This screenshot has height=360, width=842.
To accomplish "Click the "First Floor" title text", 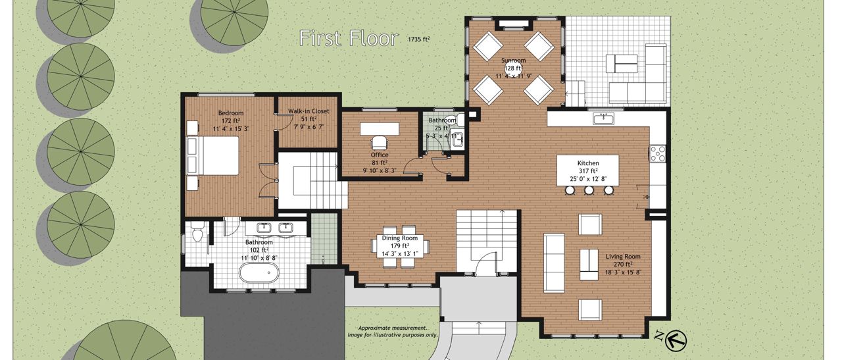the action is (x=349, y=38).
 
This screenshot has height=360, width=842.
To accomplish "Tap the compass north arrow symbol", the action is (x=676, y=341).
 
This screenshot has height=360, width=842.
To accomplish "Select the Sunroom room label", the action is (x=514, y=60).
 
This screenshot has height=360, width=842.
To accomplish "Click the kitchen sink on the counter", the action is (x=603, y=118).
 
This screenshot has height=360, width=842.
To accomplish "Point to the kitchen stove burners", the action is (x=657, y=153).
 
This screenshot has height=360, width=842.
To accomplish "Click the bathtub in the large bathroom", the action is (x=259, y=272).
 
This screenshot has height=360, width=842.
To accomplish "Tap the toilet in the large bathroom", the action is (x=197, y=232).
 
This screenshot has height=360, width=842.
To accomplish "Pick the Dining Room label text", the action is (x=400, y=238).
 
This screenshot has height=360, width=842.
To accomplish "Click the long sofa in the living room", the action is (x=554, y=263).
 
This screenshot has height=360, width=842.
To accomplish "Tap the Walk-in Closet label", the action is (x=309, y=111).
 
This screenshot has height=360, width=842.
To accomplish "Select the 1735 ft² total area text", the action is (x=419, y=39).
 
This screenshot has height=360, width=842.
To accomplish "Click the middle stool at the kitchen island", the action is (x=589, y=191).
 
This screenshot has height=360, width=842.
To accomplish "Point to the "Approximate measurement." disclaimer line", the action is (x=393, y=328).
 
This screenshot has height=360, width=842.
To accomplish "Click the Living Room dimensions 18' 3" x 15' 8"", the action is (x=623, y=272).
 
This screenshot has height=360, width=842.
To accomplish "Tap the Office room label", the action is (x=380, y=155).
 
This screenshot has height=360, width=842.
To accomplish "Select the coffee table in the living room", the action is (x=589, y=265).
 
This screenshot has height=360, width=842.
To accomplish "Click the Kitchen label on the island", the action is (x=588, y=163).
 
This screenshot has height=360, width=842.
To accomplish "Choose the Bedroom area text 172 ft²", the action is (x=231, y=120).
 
